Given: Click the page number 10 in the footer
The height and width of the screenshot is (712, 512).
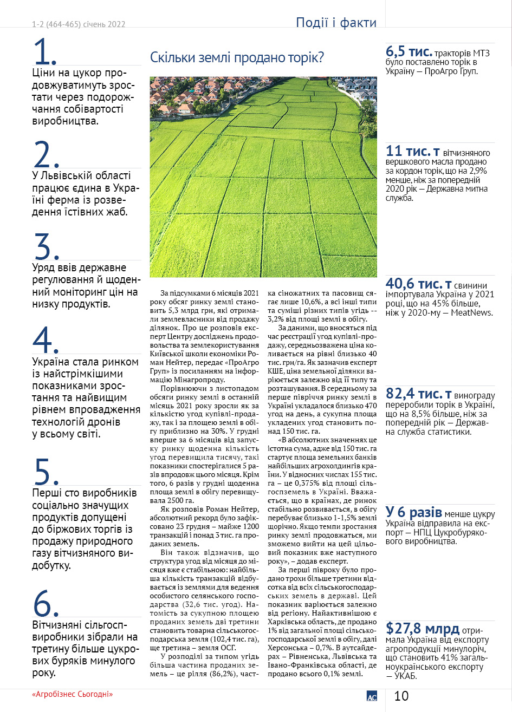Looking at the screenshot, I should click(x=401, y=696).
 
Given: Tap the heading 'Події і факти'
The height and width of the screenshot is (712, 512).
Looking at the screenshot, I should click(x=336, y=23).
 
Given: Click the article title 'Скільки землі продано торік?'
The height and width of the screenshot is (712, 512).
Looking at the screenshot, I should click(x=237, y=57).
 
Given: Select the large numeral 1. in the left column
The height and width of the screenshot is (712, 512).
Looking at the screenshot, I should click(x=45, y=53).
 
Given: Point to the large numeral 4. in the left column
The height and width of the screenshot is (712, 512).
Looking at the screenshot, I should click(x=46, y=341).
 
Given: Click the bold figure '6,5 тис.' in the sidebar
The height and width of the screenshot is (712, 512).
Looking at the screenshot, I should click(x=409, y=52).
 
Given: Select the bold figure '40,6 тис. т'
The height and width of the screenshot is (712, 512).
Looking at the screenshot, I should click(x=419, y=284).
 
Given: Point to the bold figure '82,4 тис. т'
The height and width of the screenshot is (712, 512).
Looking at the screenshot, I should click(x=419, y=394).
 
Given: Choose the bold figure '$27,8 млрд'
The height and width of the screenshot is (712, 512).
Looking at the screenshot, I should click(x=423, y=629).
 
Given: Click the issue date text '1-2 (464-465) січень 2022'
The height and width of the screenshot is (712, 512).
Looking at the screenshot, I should click(x=79, y=24).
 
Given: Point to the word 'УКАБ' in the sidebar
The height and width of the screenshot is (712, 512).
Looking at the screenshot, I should click(x=407, y=676).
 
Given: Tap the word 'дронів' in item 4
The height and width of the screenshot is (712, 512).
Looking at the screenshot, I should click(x=102, y=422).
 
